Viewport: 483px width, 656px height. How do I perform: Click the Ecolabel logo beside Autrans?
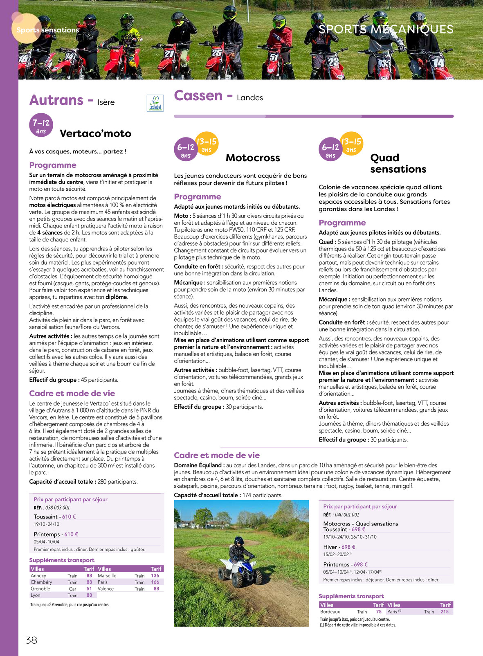pos(155,103)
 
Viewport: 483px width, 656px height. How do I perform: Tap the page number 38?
pos(31,640)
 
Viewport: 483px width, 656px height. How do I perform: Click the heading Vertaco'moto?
pos(95,133)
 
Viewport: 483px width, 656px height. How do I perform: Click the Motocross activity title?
pos(253,158)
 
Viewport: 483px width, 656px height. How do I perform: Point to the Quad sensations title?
pos(398,163)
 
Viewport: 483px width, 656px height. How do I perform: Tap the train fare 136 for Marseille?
pos(155,575)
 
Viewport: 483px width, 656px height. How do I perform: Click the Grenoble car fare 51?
pos(89,588)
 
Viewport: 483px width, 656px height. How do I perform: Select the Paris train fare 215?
pos(445,611)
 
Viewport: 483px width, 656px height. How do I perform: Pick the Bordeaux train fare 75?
pos(379,611)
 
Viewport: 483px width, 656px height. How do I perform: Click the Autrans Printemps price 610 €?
pos(71,534)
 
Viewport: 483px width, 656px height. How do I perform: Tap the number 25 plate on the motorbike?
pos(216,53)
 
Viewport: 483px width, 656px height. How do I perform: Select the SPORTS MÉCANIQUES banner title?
pos(386,29)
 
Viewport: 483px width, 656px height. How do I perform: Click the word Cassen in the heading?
pos(198,95)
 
